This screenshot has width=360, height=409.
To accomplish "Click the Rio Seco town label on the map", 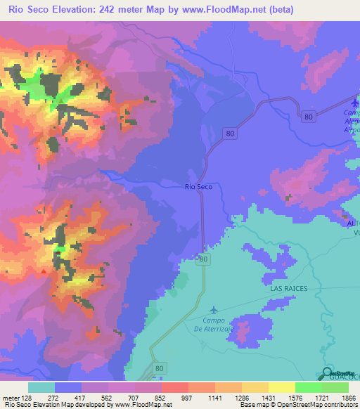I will [198, 186].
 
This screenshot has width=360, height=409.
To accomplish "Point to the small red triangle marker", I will [44, 271].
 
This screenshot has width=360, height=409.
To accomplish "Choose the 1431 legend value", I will [260, 398].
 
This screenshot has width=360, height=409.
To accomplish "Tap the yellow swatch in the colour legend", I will [281, 387].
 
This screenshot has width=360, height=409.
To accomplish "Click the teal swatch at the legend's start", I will [41, 387].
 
